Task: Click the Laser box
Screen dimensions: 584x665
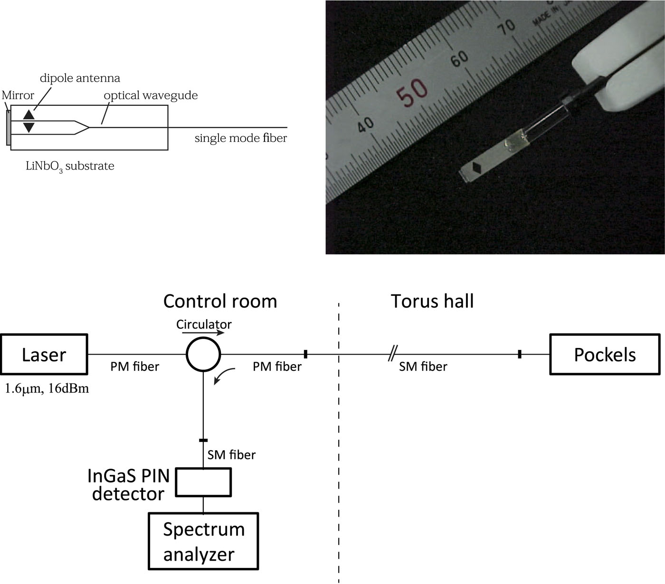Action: pyautogui.click(x=44, y=354)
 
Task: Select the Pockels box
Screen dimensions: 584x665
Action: pyautogui.click(x=604, y=354)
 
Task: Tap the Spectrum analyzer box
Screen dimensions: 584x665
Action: pyautogui.click(x=203, y=541)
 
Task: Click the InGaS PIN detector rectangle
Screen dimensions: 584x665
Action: pyautogui.click(x=203, y=482)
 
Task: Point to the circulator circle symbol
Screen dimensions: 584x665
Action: pyautogui.click(x=203, y=354)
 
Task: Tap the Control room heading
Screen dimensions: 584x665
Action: pyautogui.click(x=220, y=301)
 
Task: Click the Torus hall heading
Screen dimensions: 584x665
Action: pyautogui.click(x=432, y=301)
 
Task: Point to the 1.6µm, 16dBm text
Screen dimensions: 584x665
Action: pyautogui.click(x=47, y=389)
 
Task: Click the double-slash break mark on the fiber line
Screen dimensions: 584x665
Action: pyautogui.click(x=392, y=354)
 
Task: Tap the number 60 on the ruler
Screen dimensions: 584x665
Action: pyautogui.click(x=459, y=59)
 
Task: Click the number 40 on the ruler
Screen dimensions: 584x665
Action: pyautogui.click(x=365, y=125)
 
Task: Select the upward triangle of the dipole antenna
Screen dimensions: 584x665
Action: pyautogui.click(x=29, y=114)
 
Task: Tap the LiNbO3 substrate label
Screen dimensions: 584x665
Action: pyautogui.click(x=70, y=166)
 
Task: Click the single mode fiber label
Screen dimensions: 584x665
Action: pyautogui.click(x=241, y=138)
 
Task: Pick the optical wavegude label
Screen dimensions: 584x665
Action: pyautogui.click(x=151, y=95)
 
